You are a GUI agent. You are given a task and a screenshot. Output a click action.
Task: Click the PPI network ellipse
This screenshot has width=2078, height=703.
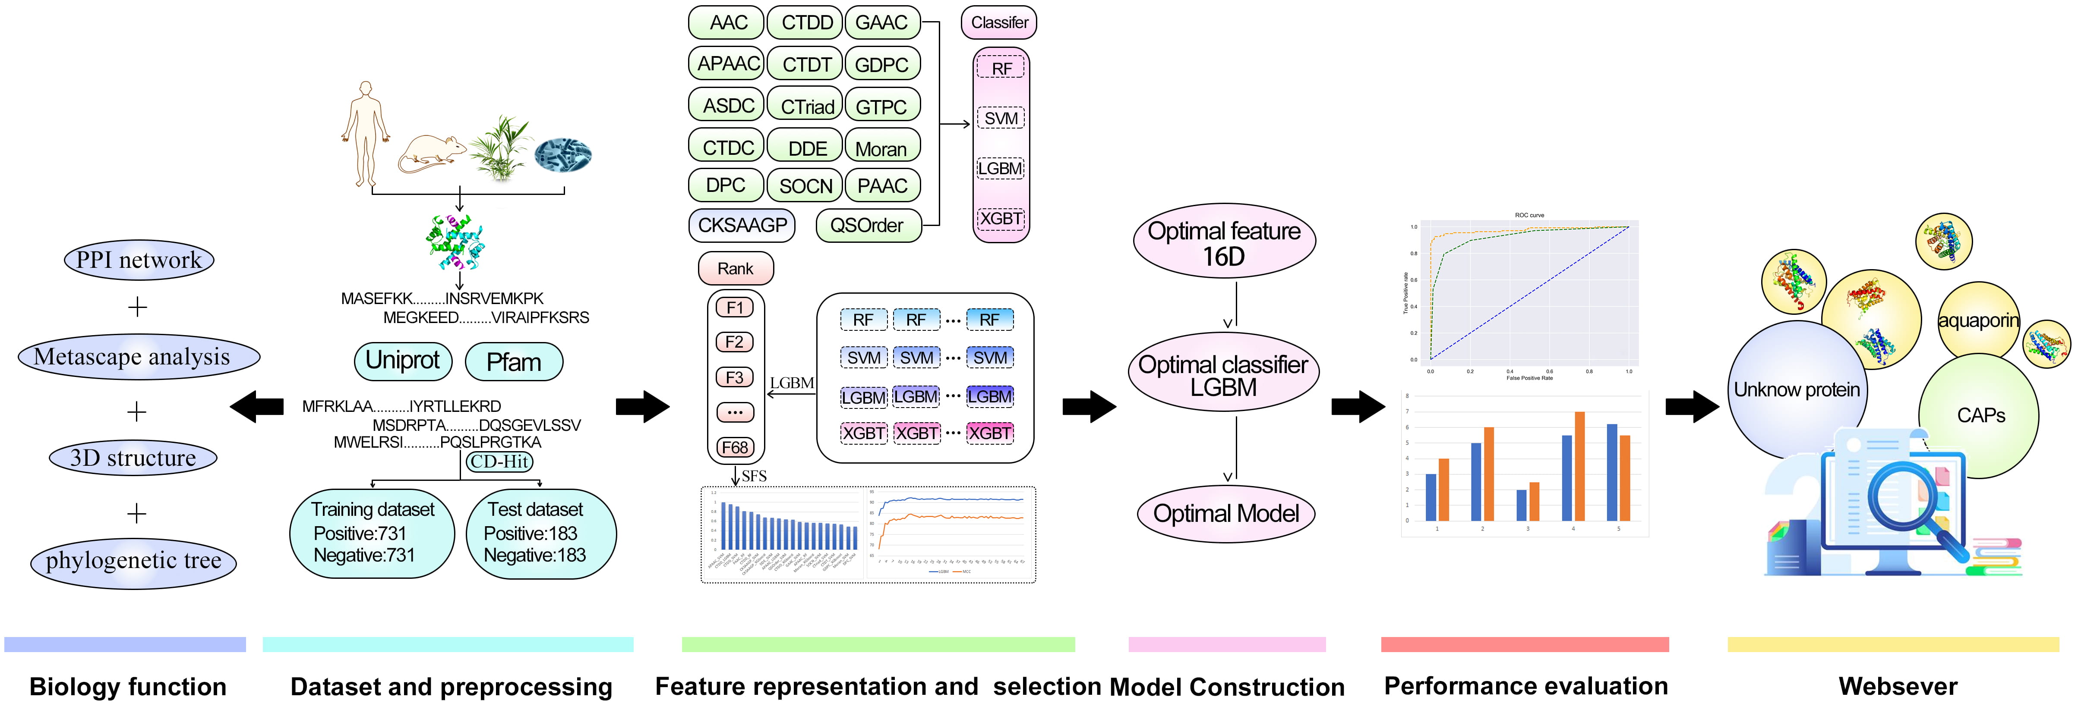[x=139, y=260]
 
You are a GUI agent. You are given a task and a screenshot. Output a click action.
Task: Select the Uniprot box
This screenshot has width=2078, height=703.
[x=403, y=361]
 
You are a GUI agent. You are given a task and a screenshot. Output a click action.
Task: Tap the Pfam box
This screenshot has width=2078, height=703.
[x=514, y=362]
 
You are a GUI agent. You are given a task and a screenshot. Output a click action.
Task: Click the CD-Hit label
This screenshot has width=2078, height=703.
[x=499, y=461]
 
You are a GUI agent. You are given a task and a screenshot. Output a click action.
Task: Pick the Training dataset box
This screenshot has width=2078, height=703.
[x=372, y=532]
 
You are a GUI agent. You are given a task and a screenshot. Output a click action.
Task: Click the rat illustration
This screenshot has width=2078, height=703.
[x=432, y=153]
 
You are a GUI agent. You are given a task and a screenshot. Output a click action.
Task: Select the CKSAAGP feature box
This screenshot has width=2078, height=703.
[x=741, y=225]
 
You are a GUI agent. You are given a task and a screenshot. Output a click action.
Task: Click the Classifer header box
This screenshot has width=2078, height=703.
[x=999, y=22]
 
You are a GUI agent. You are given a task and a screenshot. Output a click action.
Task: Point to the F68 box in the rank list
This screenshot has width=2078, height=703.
[x=735, y=447]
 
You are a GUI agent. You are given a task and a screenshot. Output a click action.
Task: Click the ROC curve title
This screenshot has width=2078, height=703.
[x=1529, y=215]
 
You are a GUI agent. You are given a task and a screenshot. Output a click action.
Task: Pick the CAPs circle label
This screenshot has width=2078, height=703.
[x=1980, y=415]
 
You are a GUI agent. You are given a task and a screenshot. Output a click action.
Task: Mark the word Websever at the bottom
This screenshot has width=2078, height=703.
[x=1897, y=686]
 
